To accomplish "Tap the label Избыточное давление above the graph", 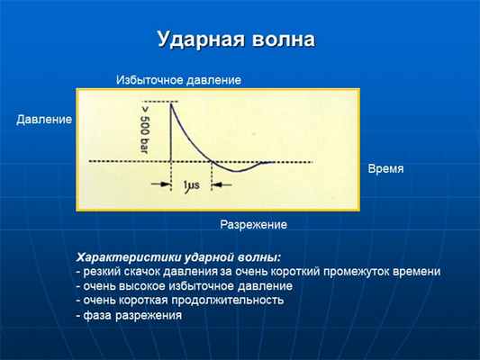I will point(178,80).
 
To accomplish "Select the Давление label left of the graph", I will point(44,120).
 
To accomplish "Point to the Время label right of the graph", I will point(385,168).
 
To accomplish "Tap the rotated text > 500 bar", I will point(146,127).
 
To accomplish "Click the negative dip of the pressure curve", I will point(236,170).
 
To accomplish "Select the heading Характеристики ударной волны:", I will point(179,256).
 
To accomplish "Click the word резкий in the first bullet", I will point(102,271).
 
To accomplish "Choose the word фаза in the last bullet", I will point(96,315).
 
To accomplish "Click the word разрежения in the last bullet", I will point(148,315).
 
